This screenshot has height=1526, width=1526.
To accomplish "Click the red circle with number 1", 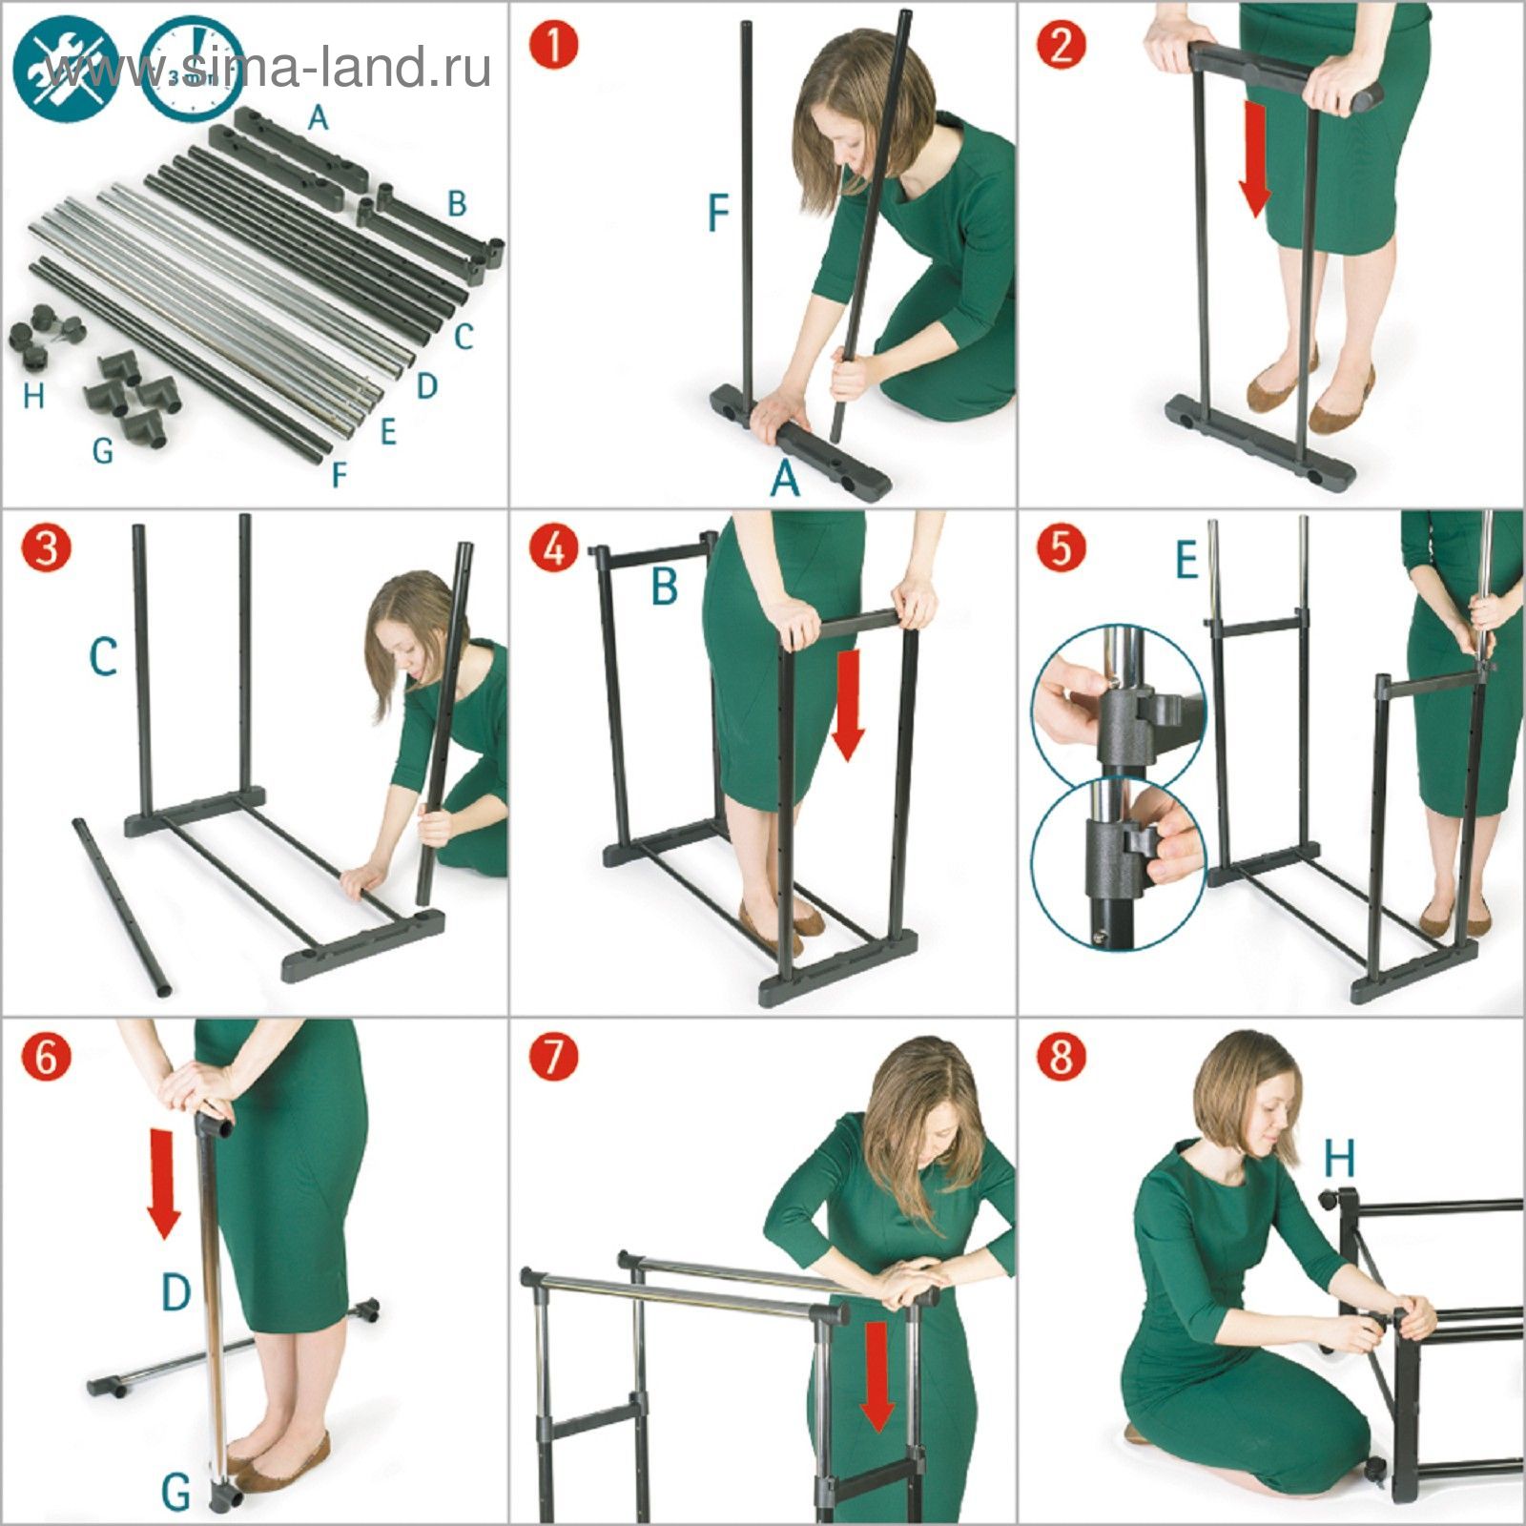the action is coord(555,44).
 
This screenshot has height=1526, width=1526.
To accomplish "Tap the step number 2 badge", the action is coord(1062,44).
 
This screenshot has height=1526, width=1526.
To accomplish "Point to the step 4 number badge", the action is coord(555,550).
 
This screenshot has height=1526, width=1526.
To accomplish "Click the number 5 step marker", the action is coord(1062,550).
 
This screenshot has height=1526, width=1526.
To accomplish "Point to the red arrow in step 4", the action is coord(848,706).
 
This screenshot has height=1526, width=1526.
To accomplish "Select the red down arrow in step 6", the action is coord(164,1183).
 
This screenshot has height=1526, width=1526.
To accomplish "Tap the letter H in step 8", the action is coord(1339,1160).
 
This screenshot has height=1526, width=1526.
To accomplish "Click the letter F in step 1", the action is coord(718,215).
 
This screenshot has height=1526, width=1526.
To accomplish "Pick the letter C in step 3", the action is coord(103,657).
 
